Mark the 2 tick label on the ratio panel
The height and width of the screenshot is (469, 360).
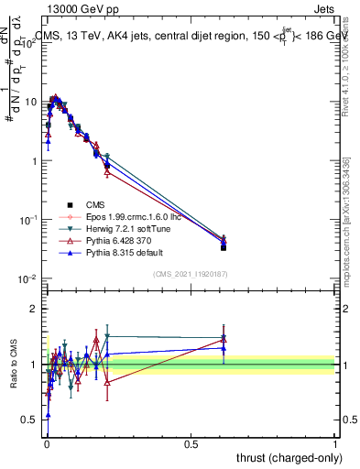point(36,309)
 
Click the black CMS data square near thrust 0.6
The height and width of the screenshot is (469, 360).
point(224,247)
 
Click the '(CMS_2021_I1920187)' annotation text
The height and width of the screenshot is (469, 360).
point(190,274)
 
